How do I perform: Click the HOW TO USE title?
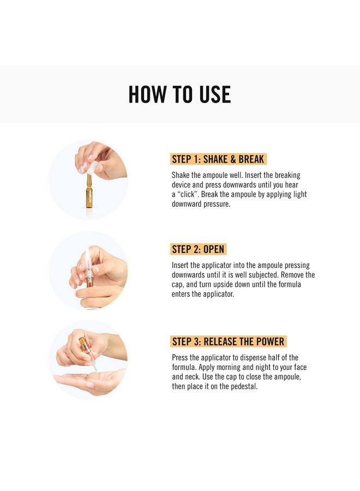179,94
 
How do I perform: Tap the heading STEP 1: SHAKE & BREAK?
218,159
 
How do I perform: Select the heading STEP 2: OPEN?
198,249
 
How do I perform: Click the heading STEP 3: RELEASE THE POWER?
228,342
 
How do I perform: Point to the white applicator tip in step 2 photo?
87,256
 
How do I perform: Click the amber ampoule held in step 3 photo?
83,343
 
